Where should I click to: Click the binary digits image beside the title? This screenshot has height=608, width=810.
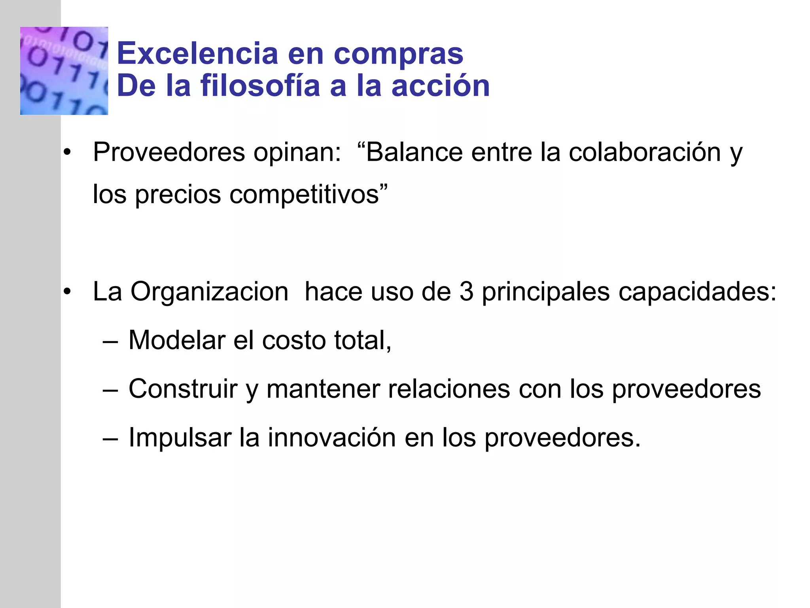64,71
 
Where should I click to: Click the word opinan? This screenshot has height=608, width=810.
297,152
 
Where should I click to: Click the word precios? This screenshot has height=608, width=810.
178,195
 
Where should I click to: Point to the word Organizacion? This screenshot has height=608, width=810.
210,293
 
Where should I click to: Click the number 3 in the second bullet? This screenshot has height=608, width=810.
466,292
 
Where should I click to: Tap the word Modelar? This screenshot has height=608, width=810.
176,340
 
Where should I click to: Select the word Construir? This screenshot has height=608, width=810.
183,389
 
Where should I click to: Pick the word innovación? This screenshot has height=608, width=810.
331,437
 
